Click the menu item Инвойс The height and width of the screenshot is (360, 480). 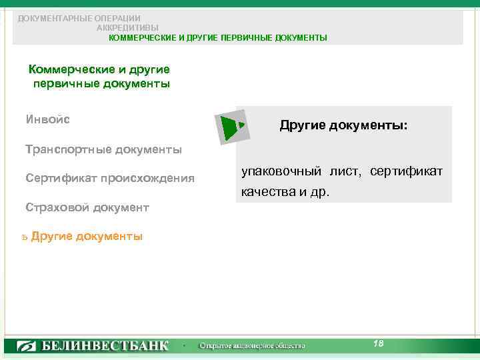point(48,120)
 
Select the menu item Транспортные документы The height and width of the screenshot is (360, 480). point(103,149)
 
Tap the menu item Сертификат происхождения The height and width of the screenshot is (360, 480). point(110,178)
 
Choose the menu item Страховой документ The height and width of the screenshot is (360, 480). point(87,207)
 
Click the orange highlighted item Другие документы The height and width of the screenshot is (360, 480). point(87,236)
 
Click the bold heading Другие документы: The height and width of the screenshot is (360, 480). point(344,125)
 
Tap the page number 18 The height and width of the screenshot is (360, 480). point(378,343)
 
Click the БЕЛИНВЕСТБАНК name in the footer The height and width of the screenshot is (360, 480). point(106,346)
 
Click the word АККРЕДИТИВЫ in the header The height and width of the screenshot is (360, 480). point(127,28)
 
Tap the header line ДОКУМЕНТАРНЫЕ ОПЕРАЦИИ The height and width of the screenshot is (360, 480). point(79,18)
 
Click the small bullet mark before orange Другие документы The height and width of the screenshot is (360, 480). point(24,237)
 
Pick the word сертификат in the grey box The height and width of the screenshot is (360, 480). point(406,172)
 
